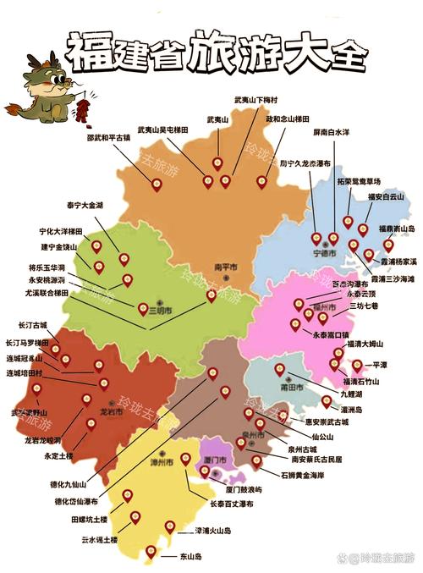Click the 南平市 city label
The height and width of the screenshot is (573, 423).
coord(226,267)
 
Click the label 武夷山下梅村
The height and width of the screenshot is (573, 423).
coord(257,100)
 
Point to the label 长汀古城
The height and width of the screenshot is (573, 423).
coord(33,324)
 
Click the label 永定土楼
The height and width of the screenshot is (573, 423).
coord(58,456)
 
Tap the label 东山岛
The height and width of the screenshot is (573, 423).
coord(190,557)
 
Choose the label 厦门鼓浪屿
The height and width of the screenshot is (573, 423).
coord(242,489)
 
